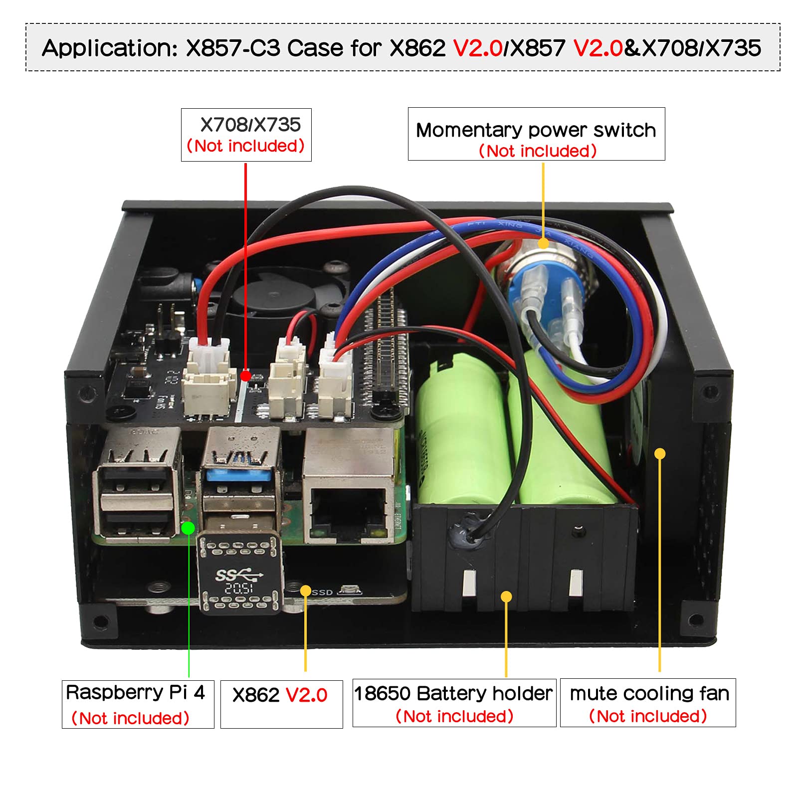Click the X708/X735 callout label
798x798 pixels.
coord(246,135)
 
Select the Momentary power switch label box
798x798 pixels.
coord(536,134)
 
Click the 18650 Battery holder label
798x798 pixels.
coord(454,702)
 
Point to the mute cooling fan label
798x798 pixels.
coord(648,702)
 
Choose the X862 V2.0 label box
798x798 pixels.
coord(281,704)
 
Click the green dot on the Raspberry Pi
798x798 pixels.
coord(188,528)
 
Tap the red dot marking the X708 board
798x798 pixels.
coord(245,375)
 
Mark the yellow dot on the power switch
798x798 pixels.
coord(543,243)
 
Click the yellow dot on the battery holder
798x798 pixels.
coord(506,597)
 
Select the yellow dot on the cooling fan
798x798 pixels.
coord(660,453)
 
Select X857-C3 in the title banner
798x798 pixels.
coord(233,48)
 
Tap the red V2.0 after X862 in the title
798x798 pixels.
coord(477,48)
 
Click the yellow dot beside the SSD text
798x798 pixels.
coord(305,591)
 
